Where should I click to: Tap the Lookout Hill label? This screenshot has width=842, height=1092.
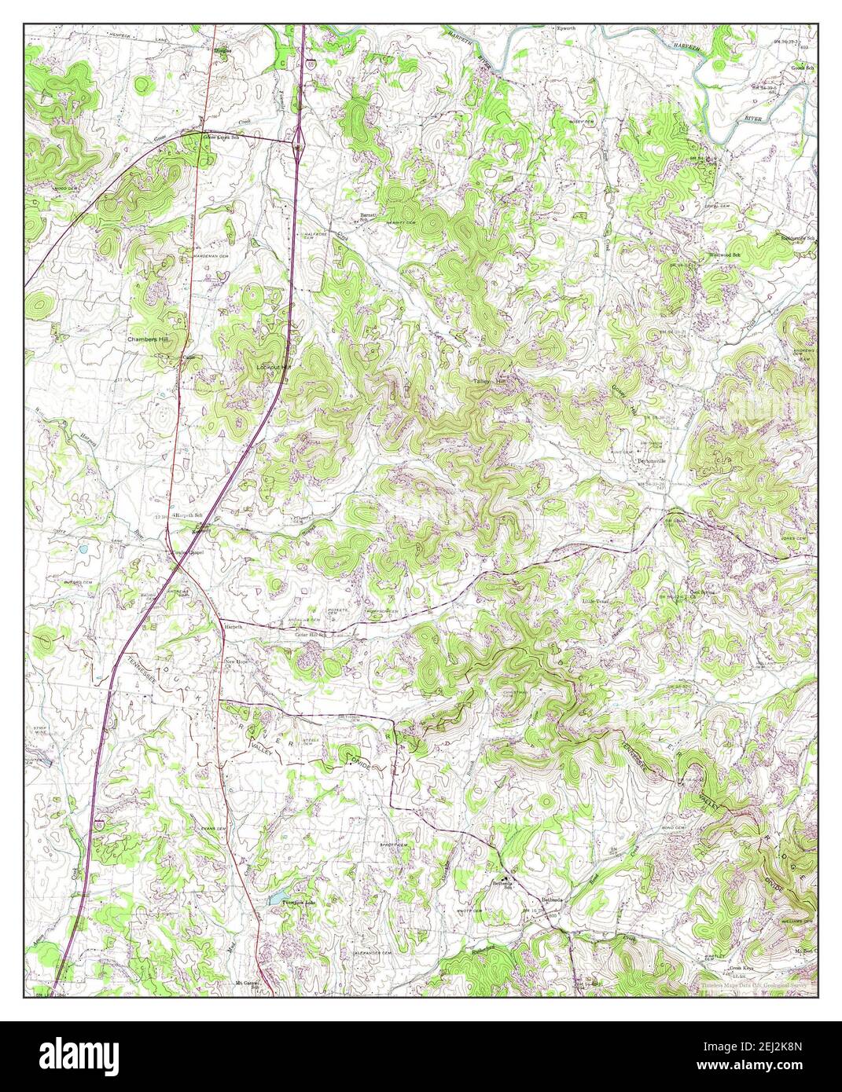pyautogui.click(x=274, y=367)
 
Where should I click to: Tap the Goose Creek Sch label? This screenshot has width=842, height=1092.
pyautogui.click(x=221, y=137)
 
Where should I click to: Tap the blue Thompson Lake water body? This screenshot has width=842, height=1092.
pyautogui.click(x=278, y=896)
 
